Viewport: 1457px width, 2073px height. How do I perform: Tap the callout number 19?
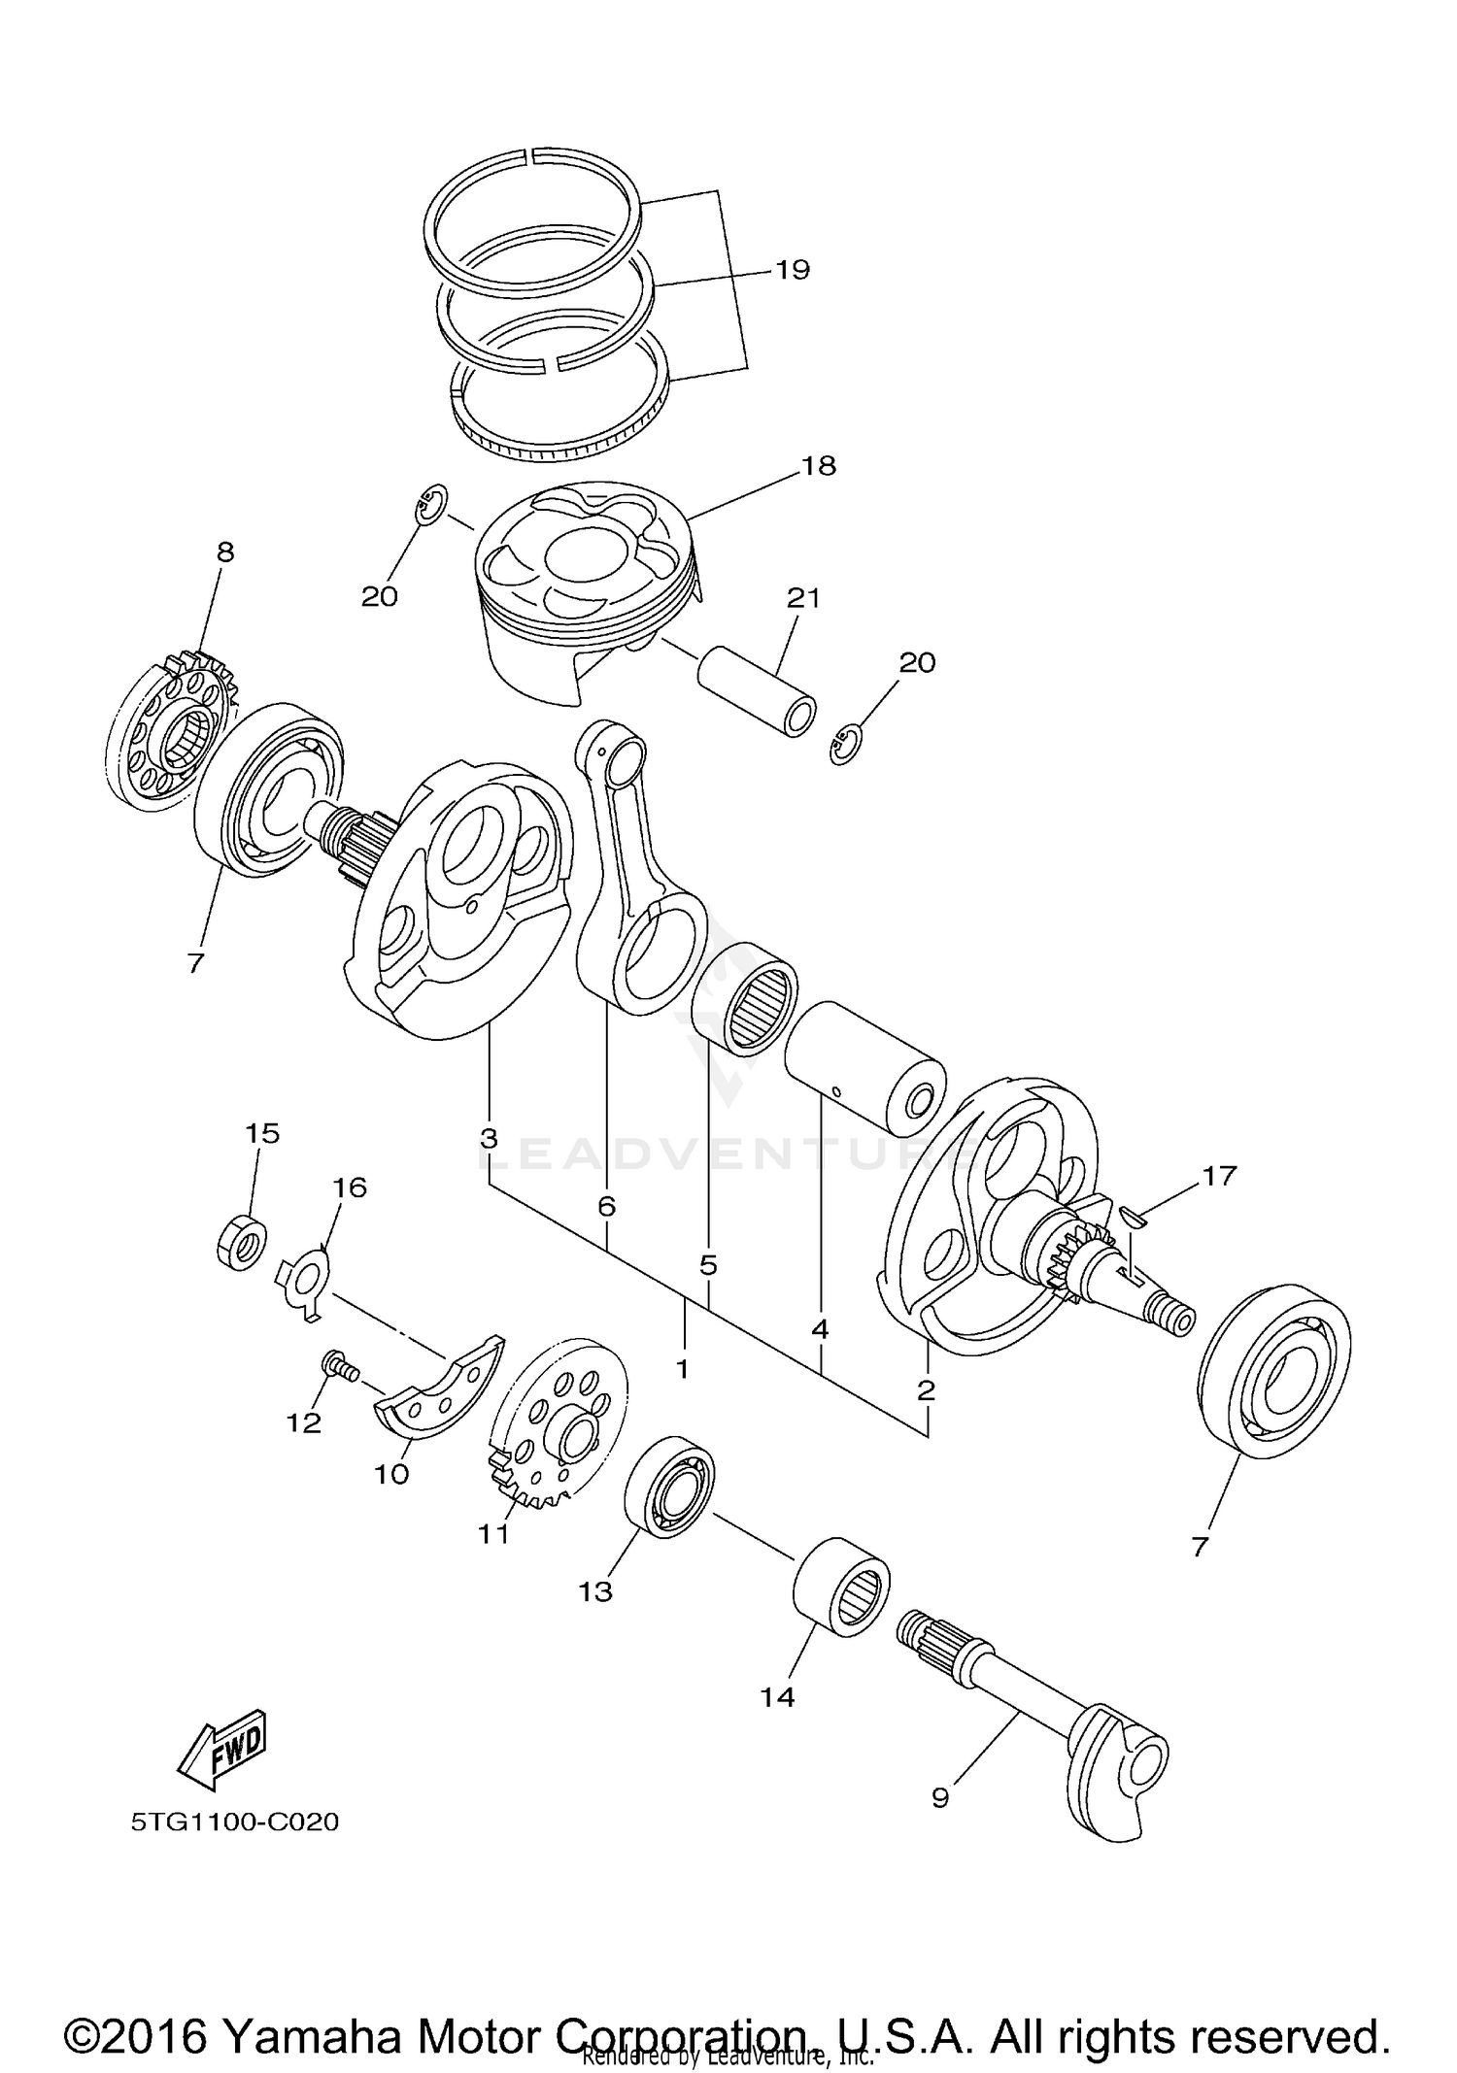click(x=793, y=269)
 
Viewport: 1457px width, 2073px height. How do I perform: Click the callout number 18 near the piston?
click(x=818, y=466)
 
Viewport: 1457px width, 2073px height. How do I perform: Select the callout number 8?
click(x=224, y=552)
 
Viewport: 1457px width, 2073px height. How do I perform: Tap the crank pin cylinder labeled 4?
click(x=864, y=1069)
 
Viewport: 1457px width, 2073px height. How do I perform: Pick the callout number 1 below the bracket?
click(x=682, y=1369)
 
